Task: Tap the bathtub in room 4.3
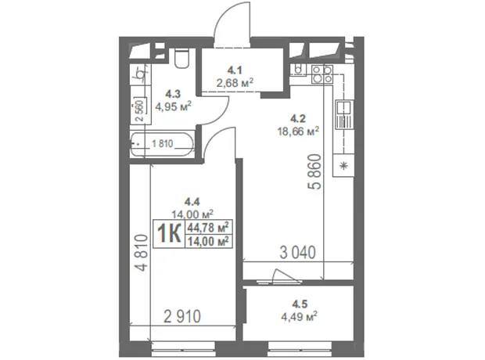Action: [x=163, y=144]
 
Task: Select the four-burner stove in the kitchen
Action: [x=322, y=74]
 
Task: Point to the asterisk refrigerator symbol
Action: [x=343, y=166]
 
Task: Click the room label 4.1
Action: [x=235, y=70]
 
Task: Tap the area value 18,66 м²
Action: [x=298, y=131]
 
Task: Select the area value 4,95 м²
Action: [x=173, y=106]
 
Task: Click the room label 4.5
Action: [x=300, y=304]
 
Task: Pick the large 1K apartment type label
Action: [x=169, y=234]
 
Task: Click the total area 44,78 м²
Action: [x=208, y=228]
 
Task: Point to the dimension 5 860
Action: [x=314, y=171]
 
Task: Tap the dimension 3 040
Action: [x=297, y=252]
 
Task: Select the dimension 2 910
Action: [x=182, y=316]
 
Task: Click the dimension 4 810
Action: [x=142, y=253]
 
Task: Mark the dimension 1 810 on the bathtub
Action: [x=163, y=144]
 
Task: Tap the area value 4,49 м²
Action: [x=299, y=317]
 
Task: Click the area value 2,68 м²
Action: [x=235, y=83]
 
